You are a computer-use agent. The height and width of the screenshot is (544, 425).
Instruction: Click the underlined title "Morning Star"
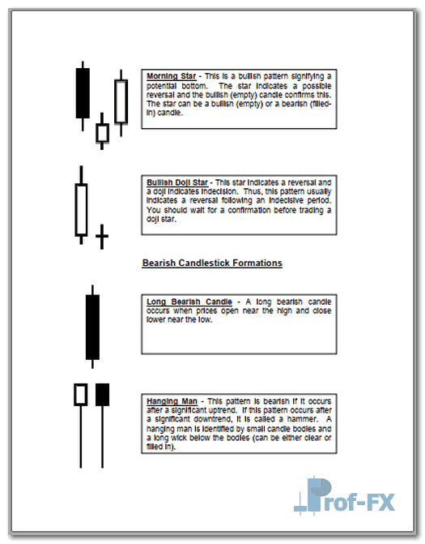pyautogui.click(x=171, y=76)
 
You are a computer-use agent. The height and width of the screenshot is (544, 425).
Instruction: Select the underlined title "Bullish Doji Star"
pyautogui.click(x=177, y=182)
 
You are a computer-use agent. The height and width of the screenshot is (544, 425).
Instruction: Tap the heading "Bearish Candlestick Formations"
pyautogui.click(x=212, y=263)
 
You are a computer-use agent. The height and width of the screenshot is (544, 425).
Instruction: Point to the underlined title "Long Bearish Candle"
pyautogui.click(x=189, y=302)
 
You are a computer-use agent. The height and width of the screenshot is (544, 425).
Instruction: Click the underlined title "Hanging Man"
pyautogui.click(x=172, y=401)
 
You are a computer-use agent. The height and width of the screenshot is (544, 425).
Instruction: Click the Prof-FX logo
pyautogui.click(x=344, y=495)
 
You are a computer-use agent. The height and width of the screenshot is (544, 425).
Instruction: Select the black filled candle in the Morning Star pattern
pyautogui.click(x=83, y=93)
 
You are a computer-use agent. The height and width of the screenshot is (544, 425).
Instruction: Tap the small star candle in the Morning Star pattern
pyautogui.click(x=102, y=133)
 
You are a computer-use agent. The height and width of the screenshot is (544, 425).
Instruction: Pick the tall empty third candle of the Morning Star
pyautogui.click(x=121, y=101)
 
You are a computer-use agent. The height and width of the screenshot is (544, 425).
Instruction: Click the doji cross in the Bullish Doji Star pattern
pyautogui.click(x=102, y=236)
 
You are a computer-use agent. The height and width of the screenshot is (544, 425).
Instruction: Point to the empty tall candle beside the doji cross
pyautogui.click(x=81, y=210)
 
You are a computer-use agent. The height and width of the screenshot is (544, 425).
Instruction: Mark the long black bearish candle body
pyautogui.click(x=92, y=328)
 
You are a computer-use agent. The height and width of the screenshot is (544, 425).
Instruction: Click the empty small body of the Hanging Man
pyautogui.click(x=81, y=395)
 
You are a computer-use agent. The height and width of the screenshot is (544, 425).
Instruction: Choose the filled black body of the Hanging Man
pyautogui.click(x=102, y=395)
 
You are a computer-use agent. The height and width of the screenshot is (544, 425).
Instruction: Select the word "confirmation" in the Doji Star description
pyautogui.click(x=249, y=210)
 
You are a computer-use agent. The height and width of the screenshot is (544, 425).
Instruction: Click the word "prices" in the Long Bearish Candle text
pyautogui.click(x=206, y=311)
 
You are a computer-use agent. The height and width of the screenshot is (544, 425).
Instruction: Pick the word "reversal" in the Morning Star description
pyautogui.click(x=159, y=95)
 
